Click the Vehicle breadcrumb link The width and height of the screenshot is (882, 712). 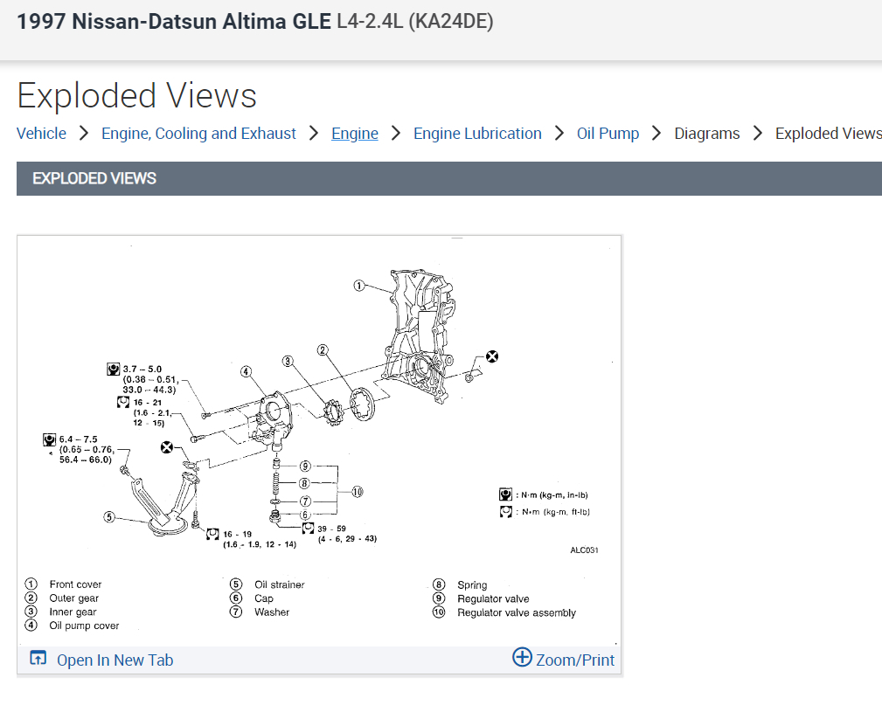point(41,134)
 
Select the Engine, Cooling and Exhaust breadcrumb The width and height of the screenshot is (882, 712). point(198,134)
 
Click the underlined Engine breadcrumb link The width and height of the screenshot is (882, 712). point(354,134)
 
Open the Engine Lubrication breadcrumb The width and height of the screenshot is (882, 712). point(477,134)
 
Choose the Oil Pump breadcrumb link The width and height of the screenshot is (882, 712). point(608,134)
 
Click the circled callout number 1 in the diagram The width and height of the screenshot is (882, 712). point(358,285)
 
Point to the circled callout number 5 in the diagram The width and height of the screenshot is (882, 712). point(109,516)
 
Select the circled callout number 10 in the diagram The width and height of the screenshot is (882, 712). point(357,492)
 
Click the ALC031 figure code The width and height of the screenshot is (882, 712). point(584,550)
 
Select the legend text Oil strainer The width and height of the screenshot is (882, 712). point(279,584)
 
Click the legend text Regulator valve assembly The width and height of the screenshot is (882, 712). point(516,612)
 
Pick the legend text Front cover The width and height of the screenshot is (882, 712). point(75,584)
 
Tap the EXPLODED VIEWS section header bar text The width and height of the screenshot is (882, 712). point(94,178)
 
